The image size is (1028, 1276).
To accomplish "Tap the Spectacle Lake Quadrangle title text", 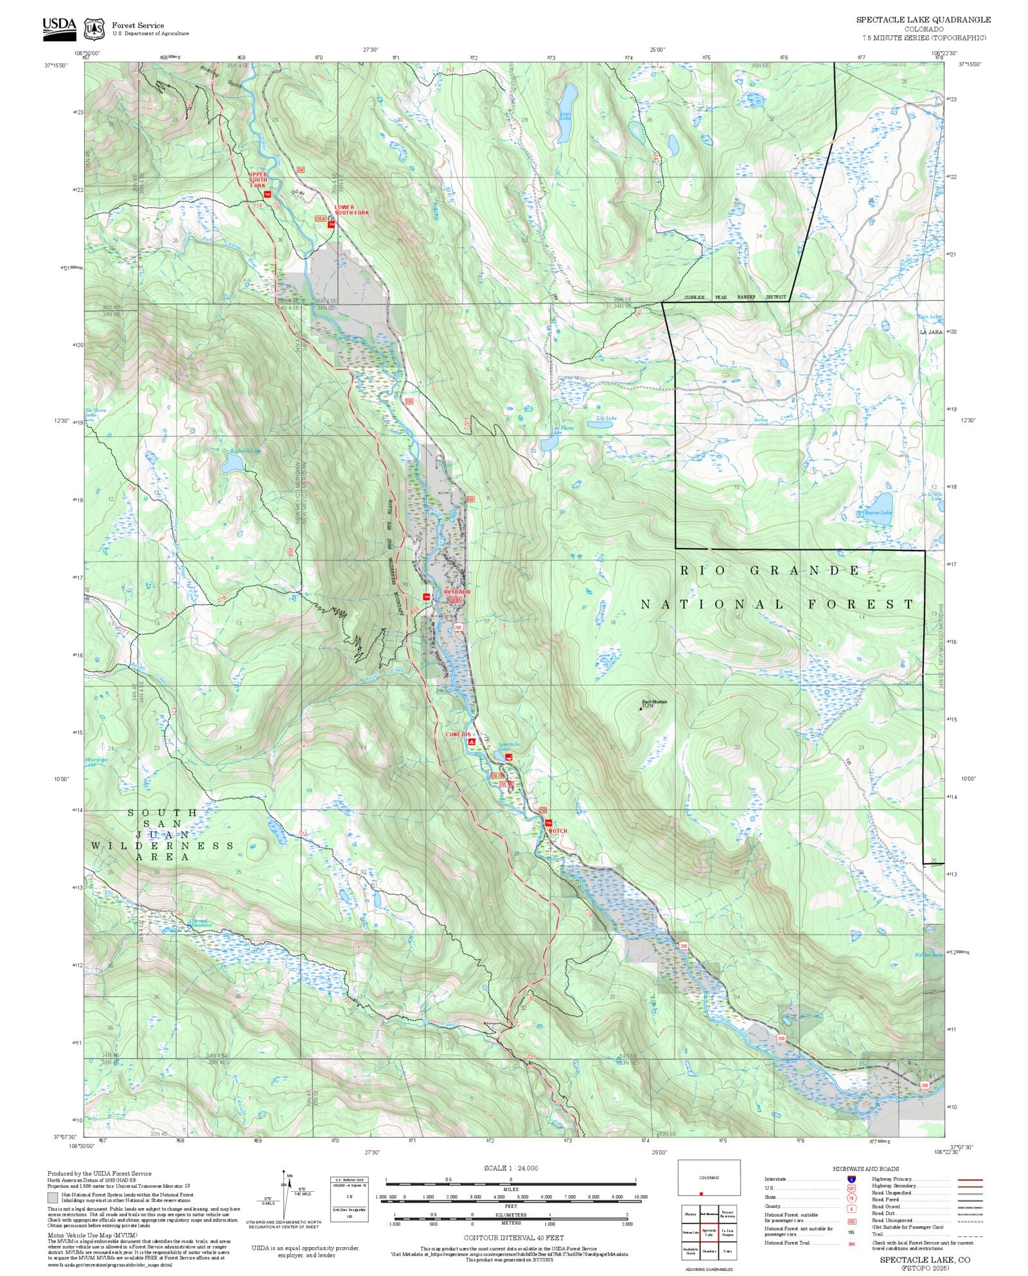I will (x=923, y=20).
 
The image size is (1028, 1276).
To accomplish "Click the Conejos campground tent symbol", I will (x=472, y=741).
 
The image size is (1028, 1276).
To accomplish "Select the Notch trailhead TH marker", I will (x=548, y=822).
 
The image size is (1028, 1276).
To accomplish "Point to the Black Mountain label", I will (x=654, y=702).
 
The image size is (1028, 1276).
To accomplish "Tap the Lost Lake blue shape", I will (x=567, y=103).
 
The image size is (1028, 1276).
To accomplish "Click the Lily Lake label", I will (x=606, y=418).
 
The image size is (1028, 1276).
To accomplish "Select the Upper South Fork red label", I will (x=258, y=179).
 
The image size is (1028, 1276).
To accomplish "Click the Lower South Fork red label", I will (x=351, y=210).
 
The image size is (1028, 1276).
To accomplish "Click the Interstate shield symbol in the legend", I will (x=851, y=1180).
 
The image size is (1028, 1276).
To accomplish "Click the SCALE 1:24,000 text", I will (x=511, y=1168).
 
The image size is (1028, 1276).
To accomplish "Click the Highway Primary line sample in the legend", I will (x=970, y=1180).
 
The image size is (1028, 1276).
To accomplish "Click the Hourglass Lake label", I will (x=96, y=762).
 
